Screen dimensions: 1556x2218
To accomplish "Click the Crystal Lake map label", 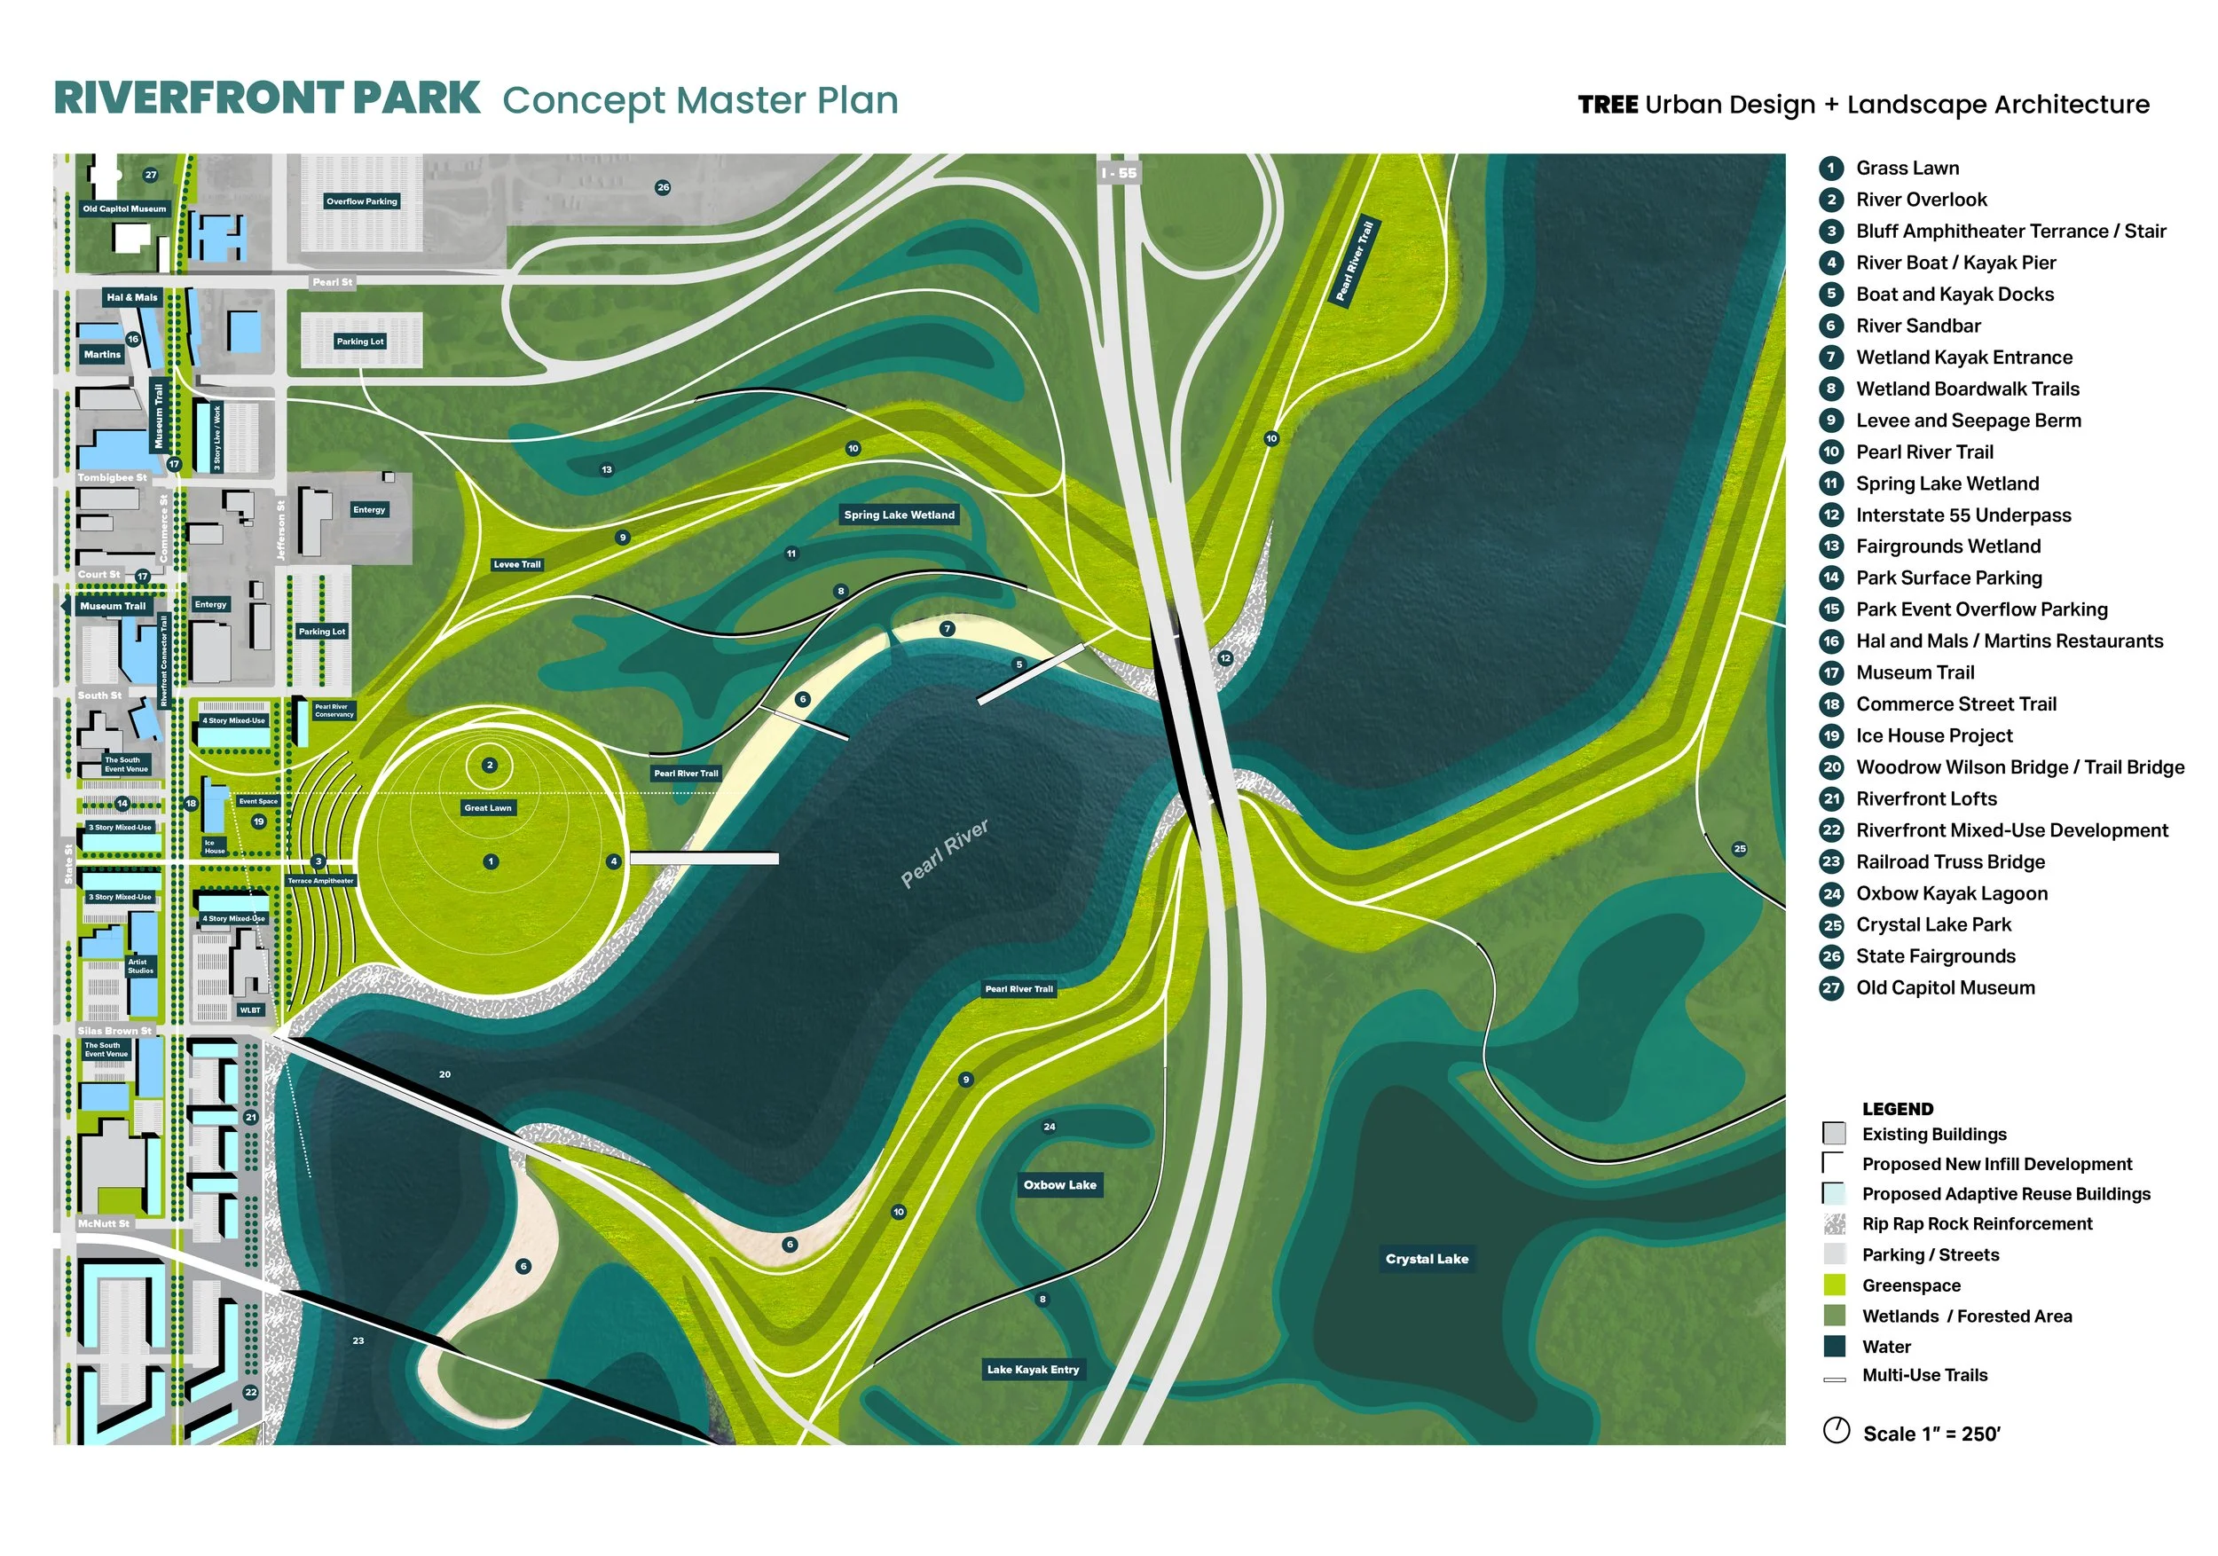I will click(1426, 1259).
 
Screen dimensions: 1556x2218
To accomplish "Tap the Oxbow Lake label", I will click(1059, 1185).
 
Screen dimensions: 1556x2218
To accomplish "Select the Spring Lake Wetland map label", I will click(899, 515).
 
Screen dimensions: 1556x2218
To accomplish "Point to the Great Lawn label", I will click(488, 808).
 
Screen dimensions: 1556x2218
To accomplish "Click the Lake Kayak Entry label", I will click(1033, 1370).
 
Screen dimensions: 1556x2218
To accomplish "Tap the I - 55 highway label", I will click(1119, 174).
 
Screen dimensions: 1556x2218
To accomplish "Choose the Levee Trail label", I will click(517, 565).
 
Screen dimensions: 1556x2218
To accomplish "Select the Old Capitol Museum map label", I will click(123, 208).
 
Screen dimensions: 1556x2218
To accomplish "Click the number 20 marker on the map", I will click(444, 1074).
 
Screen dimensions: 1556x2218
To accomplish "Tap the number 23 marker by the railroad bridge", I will click(358, 1340).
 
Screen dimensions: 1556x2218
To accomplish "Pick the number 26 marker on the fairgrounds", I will click(663, 187).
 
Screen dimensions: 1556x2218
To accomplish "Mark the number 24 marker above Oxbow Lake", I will click(1049, 1126).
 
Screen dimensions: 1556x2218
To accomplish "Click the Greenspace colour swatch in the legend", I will click(1834, 1285).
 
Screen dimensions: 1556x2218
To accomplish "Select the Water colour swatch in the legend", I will click(1834, 1347).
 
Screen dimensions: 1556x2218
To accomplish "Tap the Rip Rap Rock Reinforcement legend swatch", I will click(1834, 1223).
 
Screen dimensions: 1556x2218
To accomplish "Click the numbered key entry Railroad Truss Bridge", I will click(1947, 861).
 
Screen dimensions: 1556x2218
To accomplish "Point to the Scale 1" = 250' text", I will click(1931, 1434).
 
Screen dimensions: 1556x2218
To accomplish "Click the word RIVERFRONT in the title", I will click(198, 98).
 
